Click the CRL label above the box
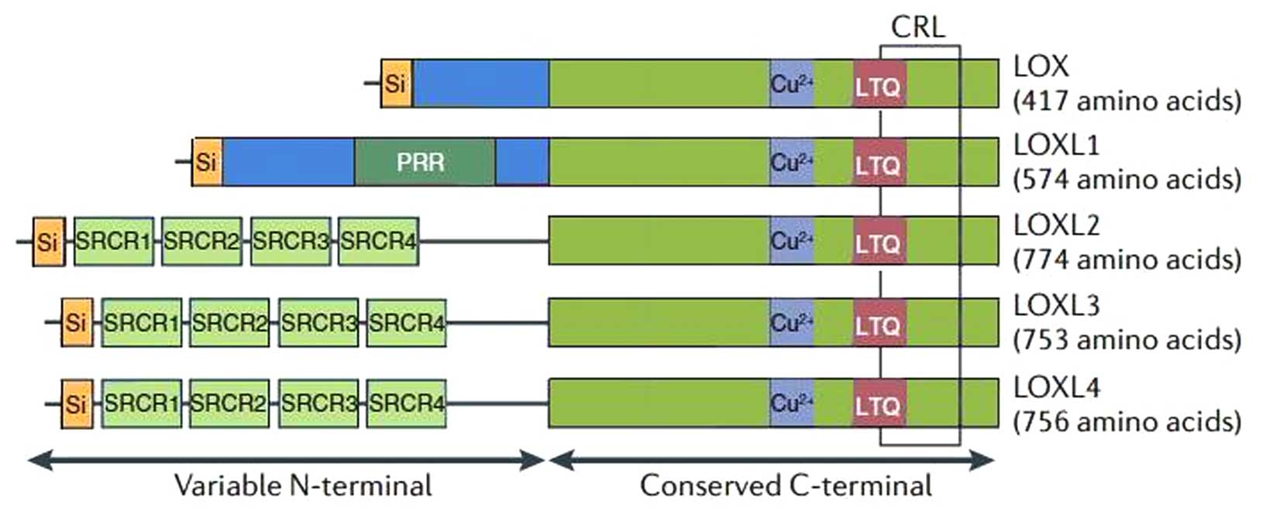click(918, 27)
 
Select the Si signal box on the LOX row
click(396, 83)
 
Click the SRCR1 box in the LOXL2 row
click(113, 242)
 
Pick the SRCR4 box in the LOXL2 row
click(378, 242)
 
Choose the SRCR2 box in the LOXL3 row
click(229, 322)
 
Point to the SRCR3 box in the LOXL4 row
click(318, 403)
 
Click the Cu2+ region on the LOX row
click(791, 83)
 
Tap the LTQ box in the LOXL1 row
click(879, 163)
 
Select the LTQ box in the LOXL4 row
click(879, 404)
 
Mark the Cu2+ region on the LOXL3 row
click(791, 322)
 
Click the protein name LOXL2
click(1056, 225)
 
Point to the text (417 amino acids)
click(1127, 101)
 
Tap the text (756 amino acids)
click(1127, 421)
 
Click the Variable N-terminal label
click(303, 486)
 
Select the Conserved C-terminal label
click(786, 486)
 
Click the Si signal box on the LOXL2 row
click(48, 242)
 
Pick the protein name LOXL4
click(1056, 386)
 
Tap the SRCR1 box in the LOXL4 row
click(141, 403)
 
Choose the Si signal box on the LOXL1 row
click(206, 162)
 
